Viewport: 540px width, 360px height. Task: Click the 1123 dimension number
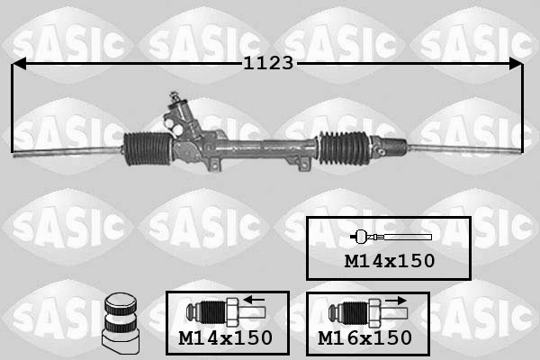tap(268, 63)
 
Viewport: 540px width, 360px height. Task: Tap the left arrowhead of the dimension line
tap(19, 63)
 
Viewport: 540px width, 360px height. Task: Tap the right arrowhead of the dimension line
tap(516, 63)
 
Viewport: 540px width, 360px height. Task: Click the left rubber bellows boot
tap(148, 148)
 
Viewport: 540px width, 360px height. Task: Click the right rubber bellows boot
tap(344, 148)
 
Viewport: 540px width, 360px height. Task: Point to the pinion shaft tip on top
tap(174, 95)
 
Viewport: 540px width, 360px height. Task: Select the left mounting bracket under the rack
tap(214, 165)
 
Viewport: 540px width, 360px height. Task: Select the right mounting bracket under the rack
tap(302, 164)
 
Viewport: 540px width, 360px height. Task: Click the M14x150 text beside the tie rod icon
tap(390, 261)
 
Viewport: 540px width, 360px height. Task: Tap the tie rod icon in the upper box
tap(391, 237)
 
